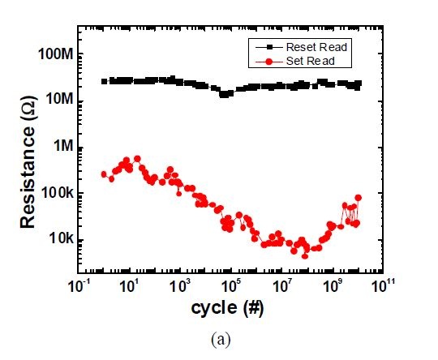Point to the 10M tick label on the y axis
[58, 100]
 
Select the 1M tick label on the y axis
[62, 147]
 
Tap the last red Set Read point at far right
[358, 198]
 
